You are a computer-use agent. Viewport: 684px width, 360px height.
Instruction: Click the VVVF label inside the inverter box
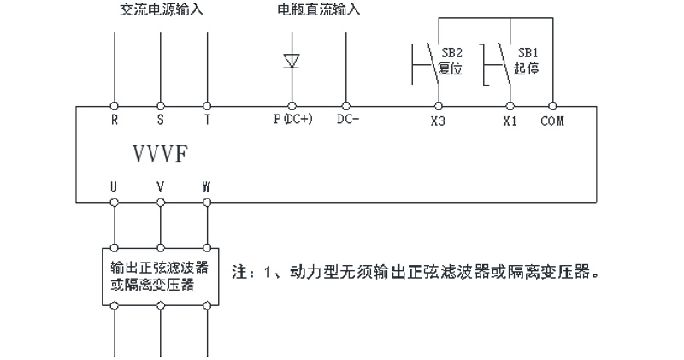point(158,153)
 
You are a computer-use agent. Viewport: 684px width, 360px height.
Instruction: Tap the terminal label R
point(115,121)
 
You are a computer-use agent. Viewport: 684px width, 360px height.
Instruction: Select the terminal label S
point(160,121)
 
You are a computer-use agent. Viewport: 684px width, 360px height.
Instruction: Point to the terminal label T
point(206,121)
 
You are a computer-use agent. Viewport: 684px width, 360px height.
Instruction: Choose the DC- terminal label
point(347,121)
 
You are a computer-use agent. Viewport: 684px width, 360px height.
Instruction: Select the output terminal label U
point(114,186)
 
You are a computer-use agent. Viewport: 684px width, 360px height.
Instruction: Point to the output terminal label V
point(160,186)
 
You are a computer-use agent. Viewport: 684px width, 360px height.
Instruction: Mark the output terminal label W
point(206,186)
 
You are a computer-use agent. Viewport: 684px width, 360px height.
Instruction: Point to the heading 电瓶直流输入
point(319,11)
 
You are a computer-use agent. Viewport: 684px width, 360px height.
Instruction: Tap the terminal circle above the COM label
point(554,106)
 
